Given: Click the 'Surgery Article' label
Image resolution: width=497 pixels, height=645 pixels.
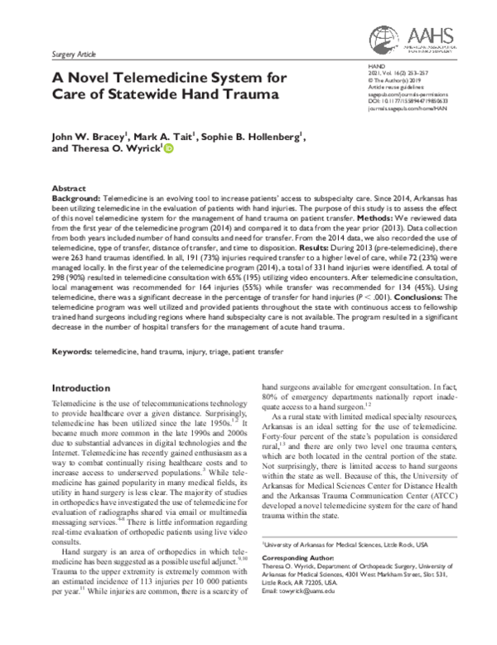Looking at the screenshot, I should tap(73, 52).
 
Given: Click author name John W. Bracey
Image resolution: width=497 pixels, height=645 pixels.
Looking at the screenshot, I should tap(86, 135).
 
